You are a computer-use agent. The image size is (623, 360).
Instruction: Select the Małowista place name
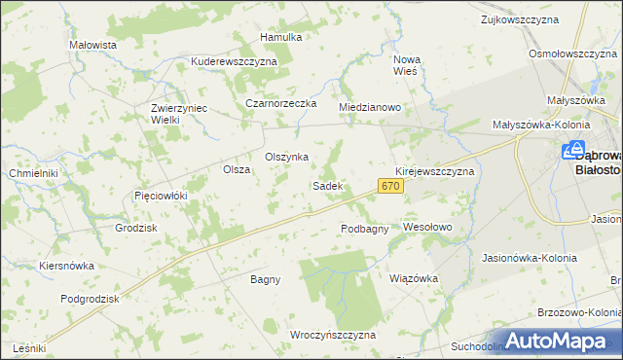[x=93, y=45]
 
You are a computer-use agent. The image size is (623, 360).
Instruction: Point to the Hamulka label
[x=281, y=37]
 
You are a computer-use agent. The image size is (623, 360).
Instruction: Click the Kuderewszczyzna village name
[x=235, y=60]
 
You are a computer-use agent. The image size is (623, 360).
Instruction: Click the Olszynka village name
[x=287, y=157]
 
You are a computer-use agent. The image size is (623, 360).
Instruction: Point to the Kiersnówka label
[x=66, y=265]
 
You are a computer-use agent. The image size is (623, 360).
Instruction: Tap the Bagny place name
[x=265, y=279]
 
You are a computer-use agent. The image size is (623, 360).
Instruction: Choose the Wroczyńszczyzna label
[x=333, y=334]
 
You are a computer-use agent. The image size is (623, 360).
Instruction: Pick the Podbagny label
[x=365, y=229]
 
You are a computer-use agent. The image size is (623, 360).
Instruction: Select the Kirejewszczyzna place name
[x=434, y=170]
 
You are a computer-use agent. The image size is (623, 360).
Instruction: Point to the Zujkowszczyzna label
[x=526, y=18]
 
